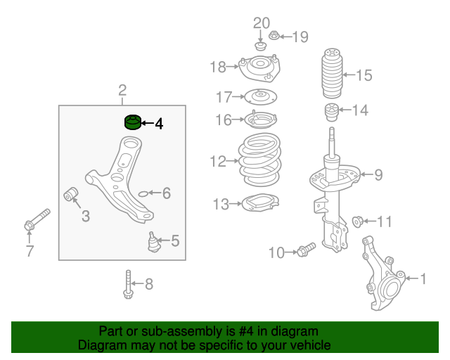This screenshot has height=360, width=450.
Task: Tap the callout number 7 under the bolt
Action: coord(30,250)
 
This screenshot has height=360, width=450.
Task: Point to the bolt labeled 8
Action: coord(128,284)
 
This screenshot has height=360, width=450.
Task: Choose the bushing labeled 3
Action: coord(70,193)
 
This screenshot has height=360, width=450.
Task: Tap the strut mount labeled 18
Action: coord(259,68)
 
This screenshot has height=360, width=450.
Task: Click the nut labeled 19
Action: coord(274,35)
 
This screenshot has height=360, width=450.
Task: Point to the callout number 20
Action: coord(261,22)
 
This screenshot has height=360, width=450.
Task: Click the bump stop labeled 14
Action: coord(330,110)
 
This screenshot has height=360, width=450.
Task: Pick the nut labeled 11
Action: coord(357,222)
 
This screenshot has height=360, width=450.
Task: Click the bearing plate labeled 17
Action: coord(259,96)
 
